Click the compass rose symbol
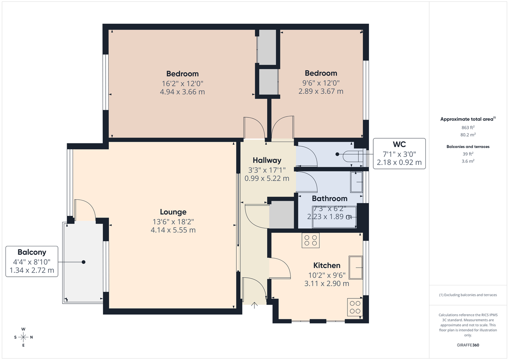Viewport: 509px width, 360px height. pyautogui.click(x=23, y=337)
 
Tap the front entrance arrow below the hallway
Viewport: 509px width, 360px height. pyautogui.click(x=255, y=304)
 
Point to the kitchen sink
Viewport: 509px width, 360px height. pyautogui.click(x=356, y=267)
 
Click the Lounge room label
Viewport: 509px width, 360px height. pyautogui.click(x=173, y=212)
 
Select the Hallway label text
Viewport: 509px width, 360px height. pyautogui.click(x=267, y=160)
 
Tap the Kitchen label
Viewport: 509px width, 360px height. pyautogui.click(x=327, y=265)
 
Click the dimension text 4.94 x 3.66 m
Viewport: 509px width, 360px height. pyautogui.click(x=182, y=92)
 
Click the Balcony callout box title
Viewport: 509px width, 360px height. pyautogui.click(x=32, y=252)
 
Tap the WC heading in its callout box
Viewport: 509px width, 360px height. pyautogui.click(x=399, y=145)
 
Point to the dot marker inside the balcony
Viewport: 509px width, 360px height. pyautogui.click(x=84, y=262)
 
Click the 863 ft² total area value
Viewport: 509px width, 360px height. pyautogui.click(x=468, y=127)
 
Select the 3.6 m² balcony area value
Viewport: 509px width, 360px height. pyautogui.click(x=468, y=161)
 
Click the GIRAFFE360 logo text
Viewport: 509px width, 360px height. pyautogui.click(x=468, y=345)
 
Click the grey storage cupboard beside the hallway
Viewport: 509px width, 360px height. pyautogui.click(x=282, y=215)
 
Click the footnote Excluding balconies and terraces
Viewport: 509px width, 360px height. pyautogui.click(x=468, y=295)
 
